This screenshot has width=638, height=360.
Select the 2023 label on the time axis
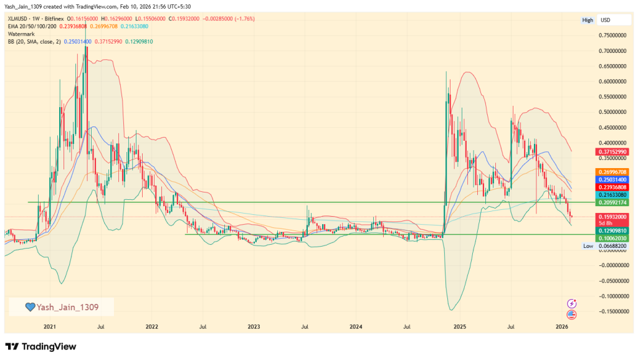254,326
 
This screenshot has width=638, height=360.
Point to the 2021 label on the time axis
50,326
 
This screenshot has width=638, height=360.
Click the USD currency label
605,21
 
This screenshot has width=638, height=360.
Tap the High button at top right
588,21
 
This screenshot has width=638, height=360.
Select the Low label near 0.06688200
588,247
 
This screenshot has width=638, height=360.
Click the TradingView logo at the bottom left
40,346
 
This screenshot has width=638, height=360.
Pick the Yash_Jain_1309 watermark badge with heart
61,306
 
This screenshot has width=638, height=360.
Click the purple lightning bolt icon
572,303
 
